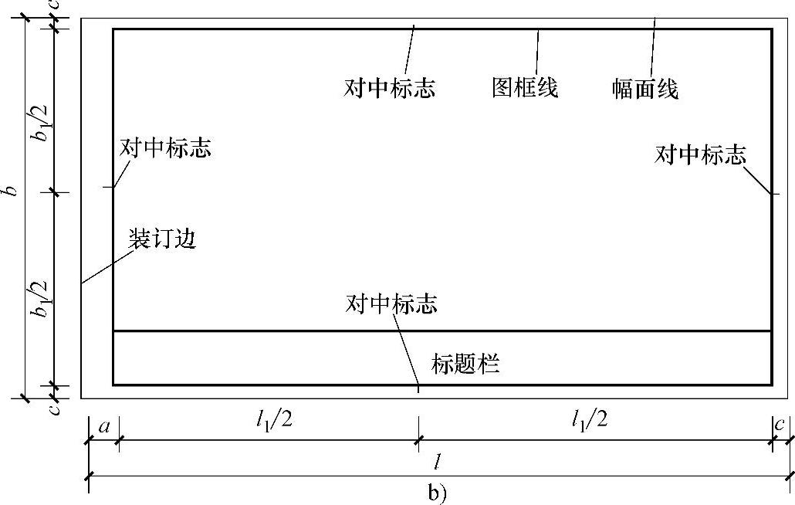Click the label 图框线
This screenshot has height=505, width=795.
pos(525,87)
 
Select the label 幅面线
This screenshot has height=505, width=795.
pos(645,90)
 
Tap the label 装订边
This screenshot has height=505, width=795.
pos(162,239)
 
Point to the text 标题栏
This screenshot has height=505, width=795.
pos(465,363)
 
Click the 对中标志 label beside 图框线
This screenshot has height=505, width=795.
pos(390,87)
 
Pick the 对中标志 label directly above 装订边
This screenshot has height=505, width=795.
pos(165,148)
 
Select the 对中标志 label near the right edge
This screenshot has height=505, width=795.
pos(700,155)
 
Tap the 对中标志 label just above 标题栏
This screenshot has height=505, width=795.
pos(392,304)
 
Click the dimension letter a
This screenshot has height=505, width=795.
pos(103,425)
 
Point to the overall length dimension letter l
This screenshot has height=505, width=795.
pos(437,463)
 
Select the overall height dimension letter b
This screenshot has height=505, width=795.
pos(11,191)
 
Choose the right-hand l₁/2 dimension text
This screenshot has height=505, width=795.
pos(590,421)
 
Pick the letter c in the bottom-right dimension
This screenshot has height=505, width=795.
pos(780,425)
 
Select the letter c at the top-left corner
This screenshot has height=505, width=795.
pos(52,5)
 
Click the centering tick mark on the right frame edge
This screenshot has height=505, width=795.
pos(776,193)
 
